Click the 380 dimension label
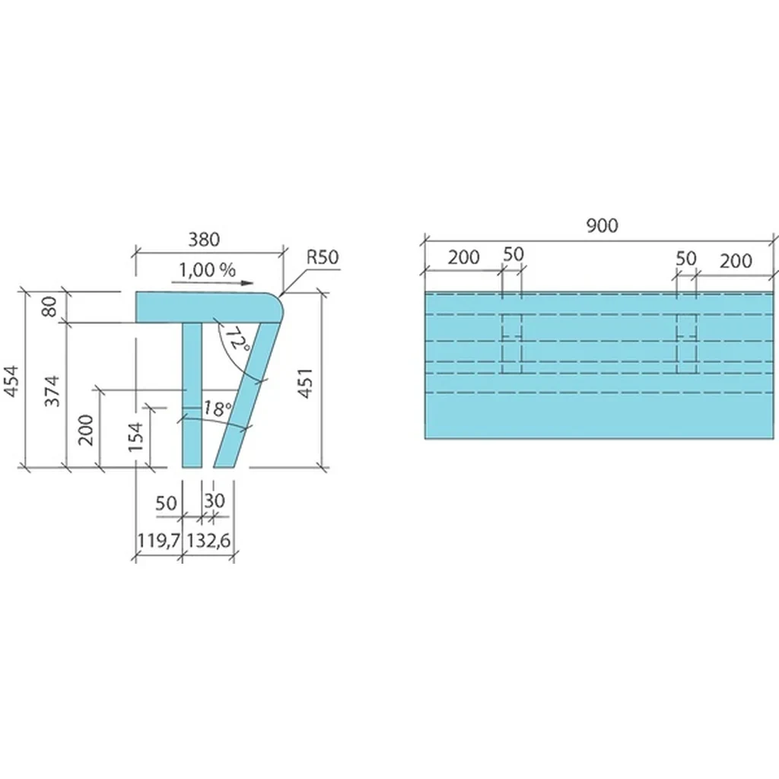pos(204,240)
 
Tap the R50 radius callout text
pos(323,257)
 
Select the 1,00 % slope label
pos(207,270)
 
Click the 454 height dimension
pos(12,381)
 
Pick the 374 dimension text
pos(52,392)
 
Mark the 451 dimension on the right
pos(306,383)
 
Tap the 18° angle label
pos(217,409)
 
